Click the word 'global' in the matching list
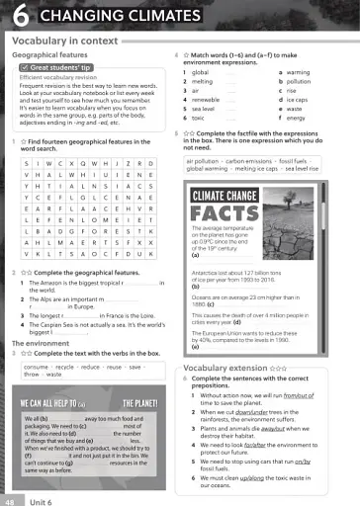coord(201,72)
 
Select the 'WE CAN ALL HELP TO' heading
coord(53,404)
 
